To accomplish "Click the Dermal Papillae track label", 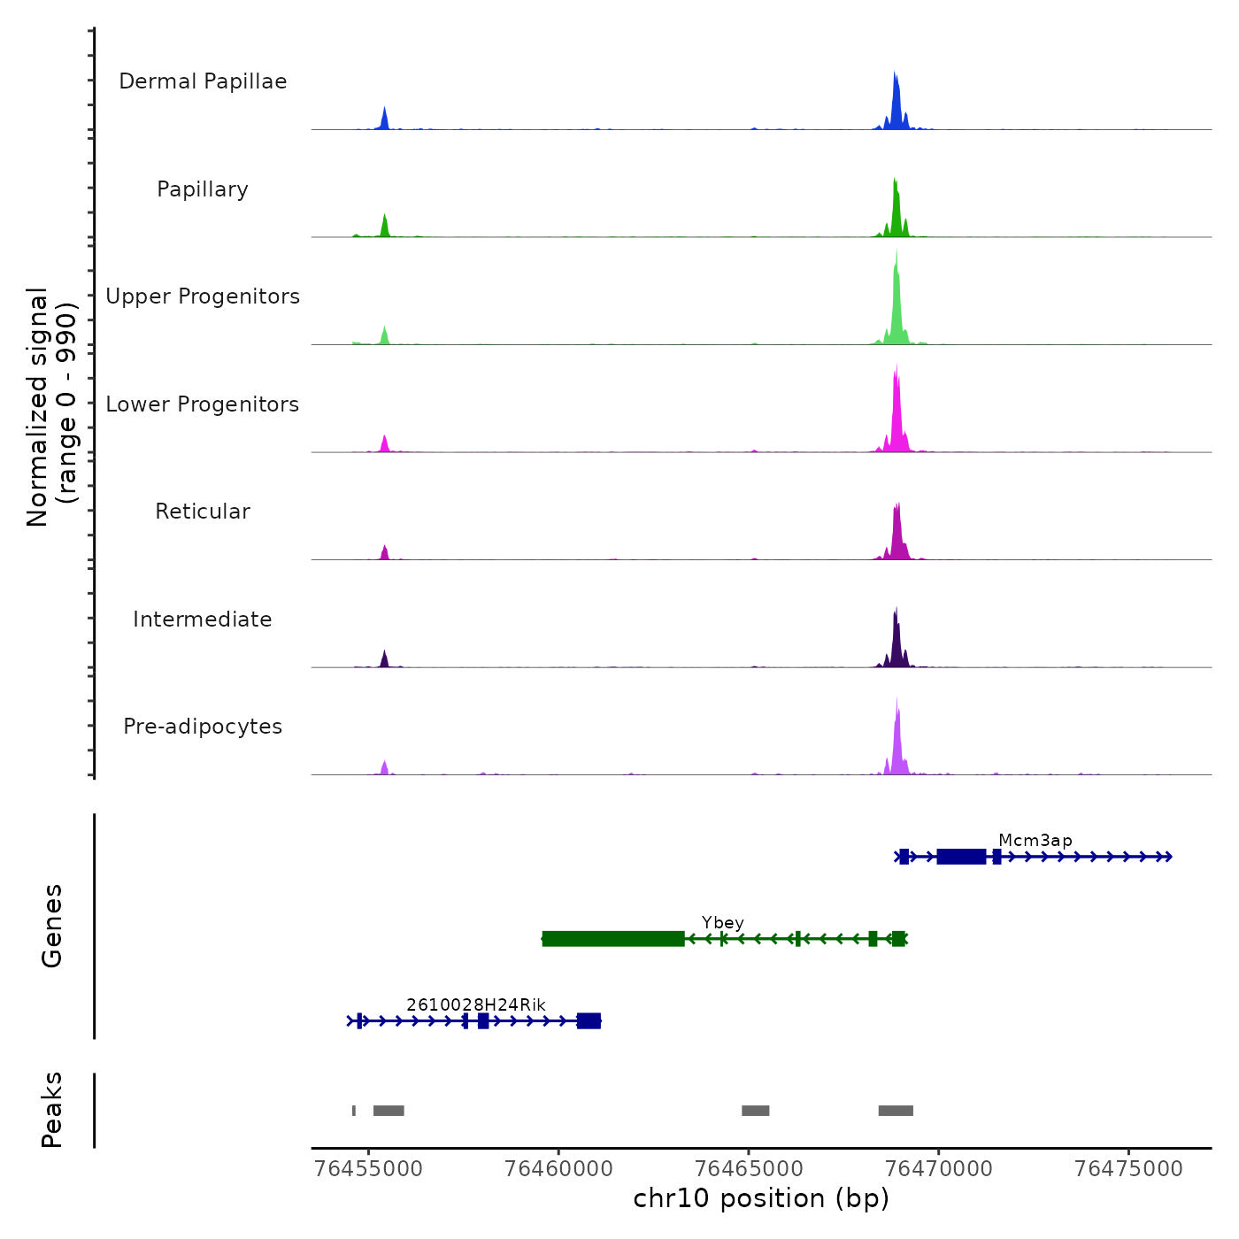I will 203,81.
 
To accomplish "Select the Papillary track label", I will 203,189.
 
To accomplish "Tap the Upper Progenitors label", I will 203,296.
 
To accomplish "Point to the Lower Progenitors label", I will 203,404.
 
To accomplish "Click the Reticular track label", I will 203,512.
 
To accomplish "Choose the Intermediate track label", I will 203,619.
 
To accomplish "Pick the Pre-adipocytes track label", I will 203,727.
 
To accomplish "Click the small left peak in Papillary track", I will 385,227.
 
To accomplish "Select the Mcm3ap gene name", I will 1035,841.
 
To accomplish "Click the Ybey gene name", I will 722,923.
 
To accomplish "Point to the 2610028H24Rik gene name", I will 476,1005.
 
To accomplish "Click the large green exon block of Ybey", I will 613,939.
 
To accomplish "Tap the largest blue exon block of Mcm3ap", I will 961,857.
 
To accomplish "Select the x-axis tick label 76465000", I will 749,1169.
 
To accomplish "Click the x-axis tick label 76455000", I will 369,1169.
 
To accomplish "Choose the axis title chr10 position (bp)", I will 761,1199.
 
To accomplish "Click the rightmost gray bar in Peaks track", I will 896,1111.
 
